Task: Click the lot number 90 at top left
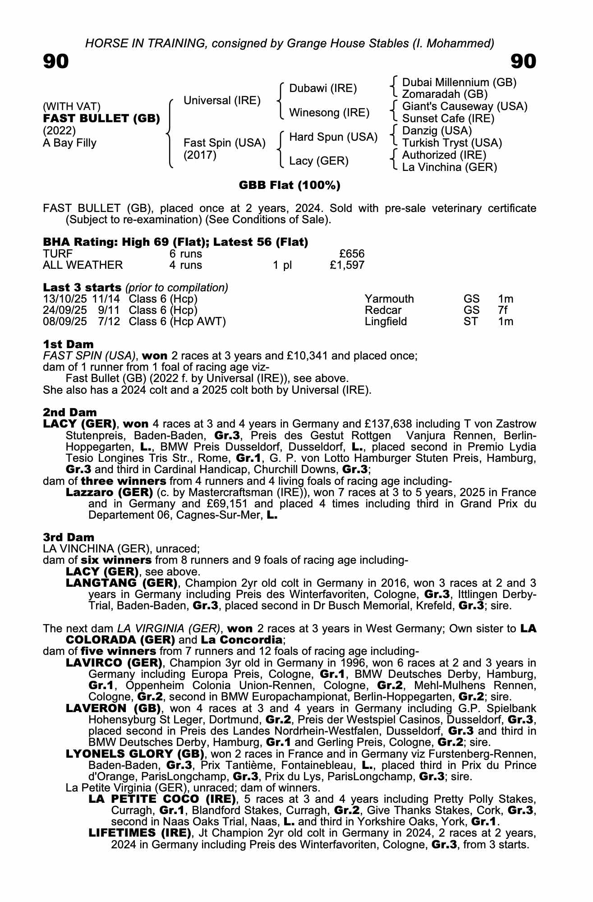(x=56, y=61)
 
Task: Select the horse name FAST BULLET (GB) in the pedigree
(x=101, y=119)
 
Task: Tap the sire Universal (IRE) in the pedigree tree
(x=222, y=100)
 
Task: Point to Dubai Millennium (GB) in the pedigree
(x=459, y=82)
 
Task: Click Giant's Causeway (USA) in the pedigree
(x=464, y=106)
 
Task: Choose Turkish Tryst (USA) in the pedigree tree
(x=452, y=143)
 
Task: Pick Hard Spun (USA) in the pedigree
(x=333, y=137)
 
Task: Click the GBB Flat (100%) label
(x=290, y=185)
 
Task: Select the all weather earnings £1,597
(x=347, y=265)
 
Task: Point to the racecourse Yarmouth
(x=389, y=299)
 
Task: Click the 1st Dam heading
(x=69, y=345)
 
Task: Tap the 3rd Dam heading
(x=69, y=537)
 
